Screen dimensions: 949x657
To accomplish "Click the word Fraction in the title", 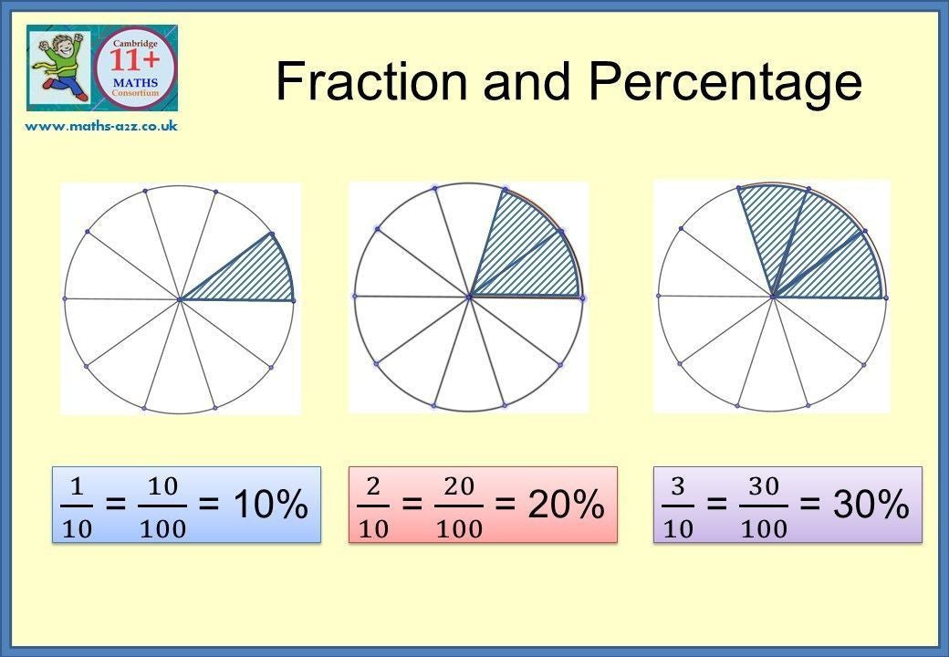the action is coord(371,81).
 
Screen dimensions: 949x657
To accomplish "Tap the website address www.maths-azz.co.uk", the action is coord(101,126).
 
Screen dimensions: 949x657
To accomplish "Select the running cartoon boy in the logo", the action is coord(59,67).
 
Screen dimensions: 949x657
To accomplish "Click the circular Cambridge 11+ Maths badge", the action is coord(136,68).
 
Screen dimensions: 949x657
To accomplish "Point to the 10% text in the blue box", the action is coord(271,504).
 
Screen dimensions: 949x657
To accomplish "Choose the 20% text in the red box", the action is coord(567,504).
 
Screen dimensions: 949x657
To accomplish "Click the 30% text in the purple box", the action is coord(871,504).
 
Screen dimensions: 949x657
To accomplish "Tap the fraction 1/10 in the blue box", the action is coord(77,507).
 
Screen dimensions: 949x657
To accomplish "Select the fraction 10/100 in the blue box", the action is coord(162,507).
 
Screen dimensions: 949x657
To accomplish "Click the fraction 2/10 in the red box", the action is coord(373,507).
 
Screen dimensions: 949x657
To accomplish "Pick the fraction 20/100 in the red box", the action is coord(459,507).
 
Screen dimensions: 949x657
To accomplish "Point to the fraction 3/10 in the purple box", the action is coord(678,507).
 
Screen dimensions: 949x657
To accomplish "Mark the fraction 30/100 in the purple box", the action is coord(764,507).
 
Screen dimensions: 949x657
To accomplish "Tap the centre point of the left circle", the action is coord(180,299).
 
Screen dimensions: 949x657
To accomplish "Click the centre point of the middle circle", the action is coord(469,297).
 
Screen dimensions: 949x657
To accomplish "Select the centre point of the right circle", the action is coord(773,297).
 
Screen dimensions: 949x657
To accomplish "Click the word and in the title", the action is coord(527,81).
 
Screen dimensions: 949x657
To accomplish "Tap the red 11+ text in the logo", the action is coord(135,61).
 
